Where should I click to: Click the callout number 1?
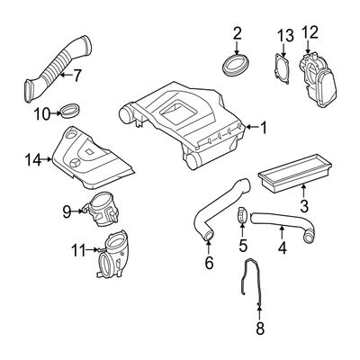[263, 128]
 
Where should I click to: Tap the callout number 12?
[310, 32]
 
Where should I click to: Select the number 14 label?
[33, 159]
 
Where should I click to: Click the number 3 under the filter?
[303, 206]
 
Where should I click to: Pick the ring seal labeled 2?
[237, 64]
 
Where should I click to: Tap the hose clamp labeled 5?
[242, 216]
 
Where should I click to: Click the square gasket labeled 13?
[282, 68]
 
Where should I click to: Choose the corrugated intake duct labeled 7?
[57, 69]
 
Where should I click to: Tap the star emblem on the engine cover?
[74, 164]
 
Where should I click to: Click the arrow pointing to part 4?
[282, 232]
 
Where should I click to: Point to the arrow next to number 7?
[67, 75]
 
